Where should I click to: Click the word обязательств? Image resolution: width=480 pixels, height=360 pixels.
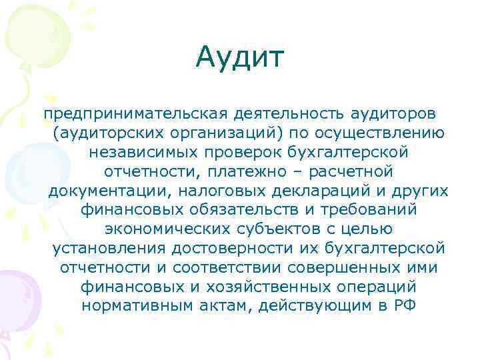[225, 209]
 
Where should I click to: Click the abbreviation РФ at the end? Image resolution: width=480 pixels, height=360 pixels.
[401, 306]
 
